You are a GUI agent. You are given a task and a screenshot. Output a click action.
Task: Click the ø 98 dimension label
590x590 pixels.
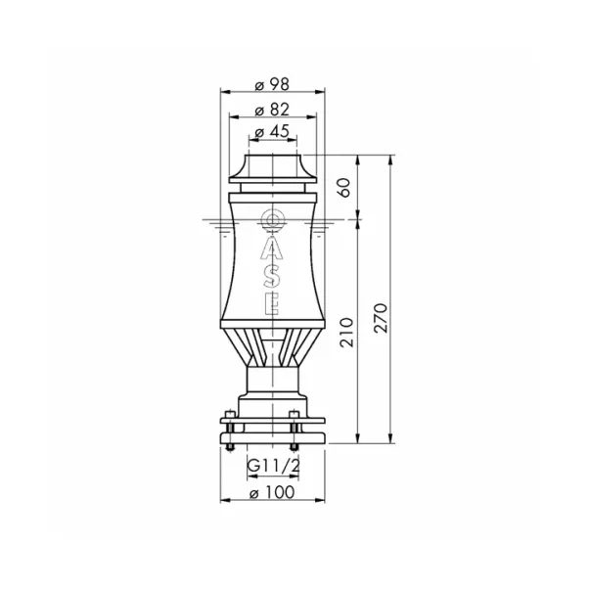[272, 84]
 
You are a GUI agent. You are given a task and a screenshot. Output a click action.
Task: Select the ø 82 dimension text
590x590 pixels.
[272, 110]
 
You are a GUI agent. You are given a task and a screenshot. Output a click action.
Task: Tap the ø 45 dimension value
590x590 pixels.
[272, 131]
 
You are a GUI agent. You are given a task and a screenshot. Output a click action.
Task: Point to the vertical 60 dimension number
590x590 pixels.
[344, 188]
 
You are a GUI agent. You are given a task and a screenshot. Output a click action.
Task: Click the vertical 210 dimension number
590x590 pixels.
[346, 333]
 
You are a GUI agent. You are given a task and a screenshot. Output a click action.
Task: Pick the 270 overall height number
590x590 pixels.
[381, 318]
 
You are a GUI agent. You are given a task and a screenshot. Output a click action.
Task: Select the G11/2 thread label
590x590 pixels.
[274, 466]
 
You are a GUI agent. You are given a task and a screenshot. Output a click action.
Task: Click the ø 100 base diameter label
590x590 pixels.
[272, 492]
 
